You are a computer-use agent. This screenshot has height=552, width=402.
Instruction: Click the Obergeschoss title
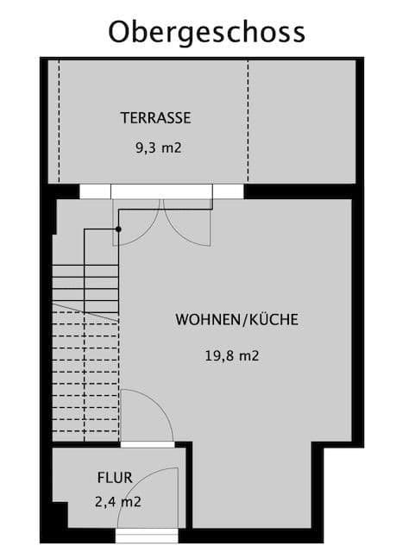point(206,32)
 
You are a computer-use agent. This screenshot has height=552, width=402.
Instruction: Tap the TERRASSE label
point(155,118)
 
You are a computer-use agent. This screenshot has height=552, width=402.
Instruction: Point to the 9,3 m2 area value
point(158,147)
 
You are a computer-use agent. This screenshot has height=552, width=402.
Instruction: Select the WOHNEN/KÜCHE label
point(237,319)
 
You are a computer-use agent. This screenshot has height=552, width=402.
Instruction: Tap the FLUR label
point(114,476)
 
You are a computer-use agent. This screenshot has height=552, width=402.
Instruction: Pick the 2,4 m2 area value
point(118,500)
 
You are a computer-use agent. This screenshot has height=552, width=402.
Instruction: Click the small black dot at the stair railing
point(118,229)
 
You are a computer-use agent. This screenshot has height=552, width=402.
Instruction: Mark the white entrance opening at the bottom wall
point(147,536)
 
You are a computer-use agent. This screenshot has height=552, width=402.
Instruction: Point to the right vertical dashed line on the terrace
point(248,121)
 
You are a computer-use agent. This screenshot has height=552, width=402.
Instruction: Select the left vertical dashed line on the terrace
point(59,121)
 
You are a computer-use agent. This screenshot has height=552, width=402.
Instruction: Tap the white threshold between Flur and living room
point(147,444)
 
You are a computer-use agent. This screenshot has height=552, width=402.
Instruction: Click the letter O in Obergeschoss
point(121,32)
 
